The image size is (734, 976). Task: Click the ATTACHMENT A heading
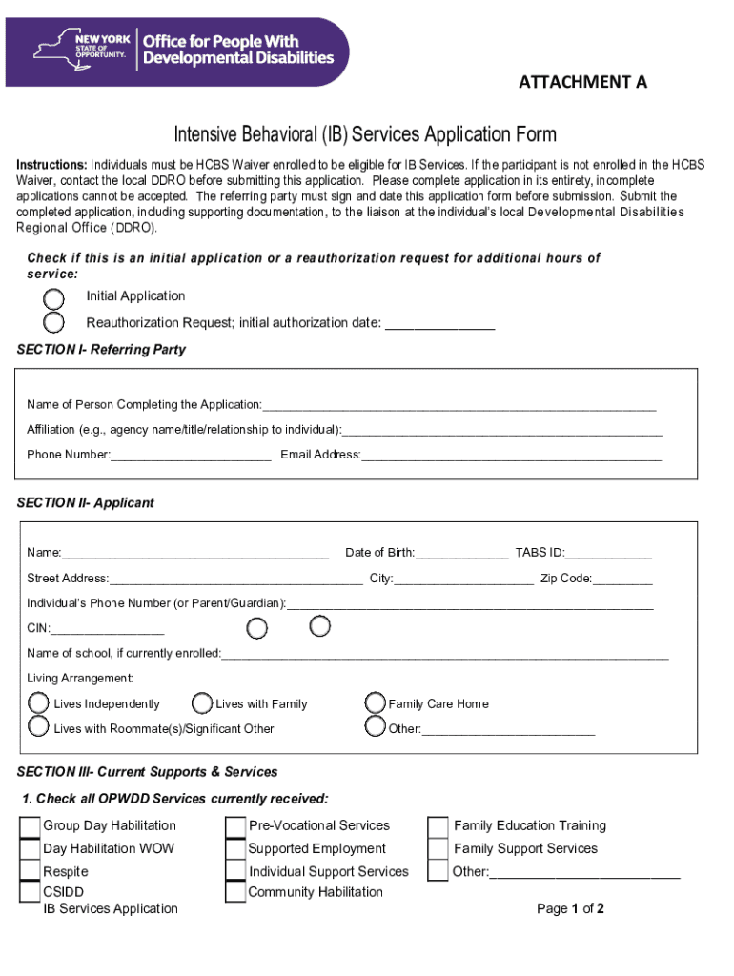pyautogui.click(x=582, y=82)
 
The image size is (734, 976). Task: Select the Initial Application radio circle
pyautogui.click(x=54, y=297)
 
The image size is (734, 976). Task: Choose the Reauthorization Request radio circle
pyautogui.click(x=54, y=322)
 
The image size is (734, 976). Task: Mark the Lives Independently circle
pyautogui.click(x=38, y=703)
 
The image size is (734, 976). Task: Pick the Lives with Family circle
pyautogui.click(x=202, y=703)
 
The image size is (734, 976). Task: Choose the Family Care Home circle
pyautogui.click(x=376, y=703)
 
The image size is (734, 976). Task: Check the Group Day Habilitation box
pyautogui.click(x=30, y=826)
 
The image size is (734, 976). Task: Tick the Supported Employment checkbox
pyautogui.click(x=235, y=849)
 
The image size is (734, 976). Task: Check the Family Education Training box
pyautogui.click(x=438, y=826)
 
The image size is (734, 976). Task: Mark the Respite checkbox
pyautogui.click(x=30, y=871)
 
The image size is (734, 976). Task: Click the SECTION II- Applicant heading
pyautogui.click(x=86, y=503)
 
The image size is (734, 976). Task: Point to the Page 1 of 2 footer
pyautogui.click(x=570, y=909)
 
